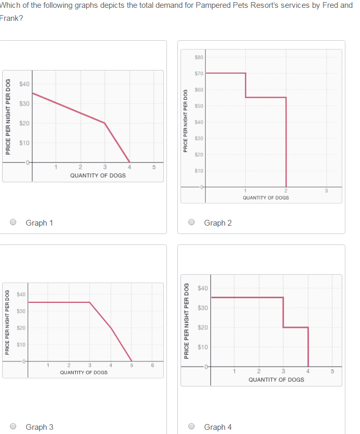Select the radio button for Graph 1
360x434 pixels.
pyautogui.click(x=14, y=222)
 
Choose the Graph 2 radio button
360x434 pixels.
pyautogui.click(x=192, y=222)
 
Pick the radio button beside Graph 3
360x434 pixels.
pyautogui.click(x=14, y=427)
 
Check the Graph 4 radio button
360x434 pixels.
pyautogui.click(x=192, y=427)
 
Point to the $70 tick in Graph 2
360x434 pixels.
pyautogui.click(x=198, y=73)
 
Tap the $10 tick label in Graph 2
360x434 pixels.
pyautogui.click(x=198, y=171)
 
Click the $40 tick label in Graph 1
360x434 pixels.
pyautogui.click(x=25, y=84)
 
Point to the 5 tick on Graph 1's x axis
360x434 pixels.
pyautogui.click(x=154, y=167)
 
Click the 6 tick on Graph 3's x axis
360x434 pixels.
pyautogui.click(x=152, y=365)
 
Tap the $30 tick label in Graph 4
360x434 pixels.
pyautogui.click(x=203, y=308)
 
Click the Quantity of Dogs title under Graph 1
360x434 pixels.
pyautogui.click(x=98, y=175)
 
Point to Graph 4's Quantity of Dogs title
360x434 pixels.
pyautogui.click(x=276, y=380)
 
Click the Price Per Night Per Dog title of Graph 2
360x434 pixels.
pyautogui.click(x=185, y=121)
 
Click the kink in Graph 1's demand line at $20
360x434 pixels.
pyautogui.click(x=105, y=123)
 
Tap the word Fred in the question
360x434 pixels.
pyautogui.click(x=330, y=5)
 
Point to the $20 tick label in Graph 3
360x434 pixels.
pyautogui.click(x=21, y=328)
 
